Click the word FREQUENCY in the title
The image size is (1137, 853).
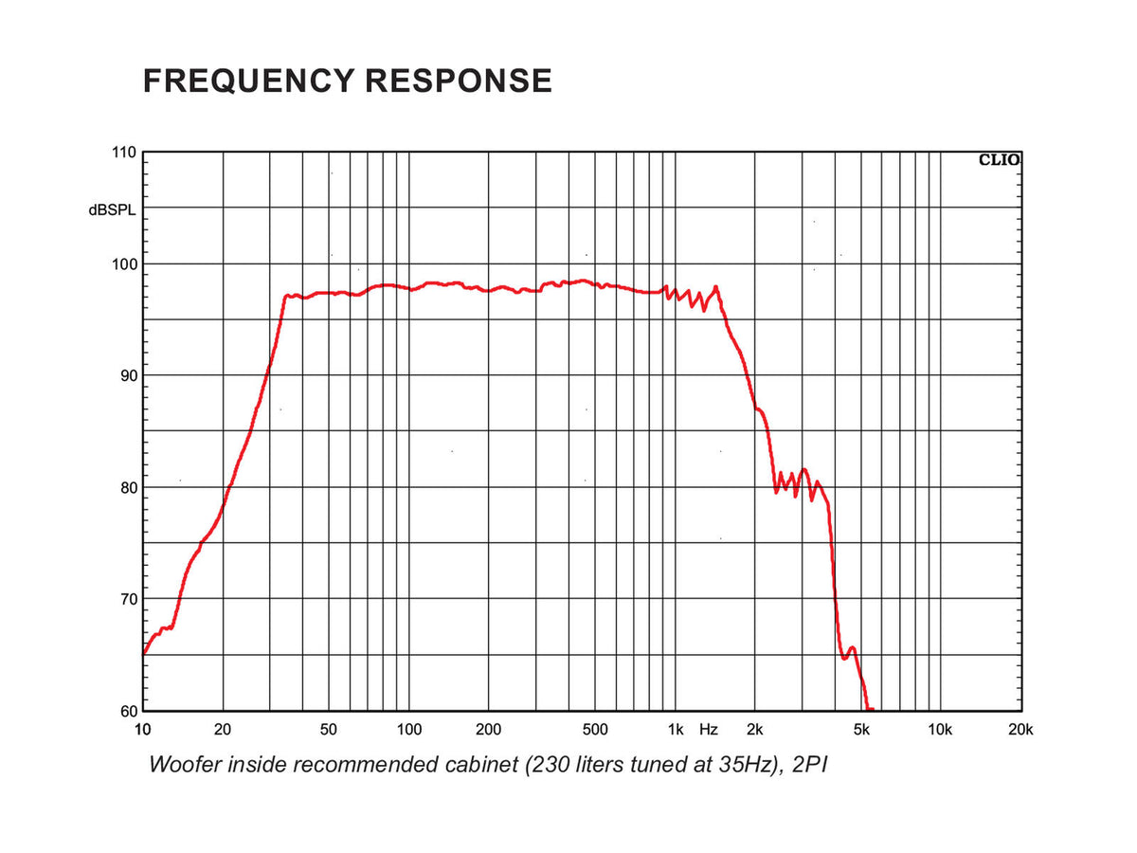coord(248,81)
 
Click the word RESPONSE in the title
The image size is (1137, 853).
coord(459,81)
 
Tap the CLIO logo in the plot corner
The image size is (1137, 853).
coord(999,160)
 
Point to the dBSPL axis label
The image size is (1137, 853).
coord(112,209)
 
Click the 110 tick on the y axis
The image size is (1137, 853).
coord(124,153)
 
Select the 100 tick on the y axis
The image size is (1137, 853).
coord(124,264)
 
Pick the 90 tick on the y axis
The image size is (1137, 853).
coord(129,375)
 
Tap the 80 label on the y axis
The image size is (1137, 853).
coord(129,487)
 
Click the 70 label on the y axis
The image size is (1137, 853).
coord(129,599)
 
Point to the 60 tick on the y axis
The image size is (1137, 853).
coord(129,711)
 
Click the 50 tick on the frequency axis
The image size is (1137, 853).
coord(329,730)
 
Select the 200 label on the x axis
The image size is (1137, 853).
coord(488,730)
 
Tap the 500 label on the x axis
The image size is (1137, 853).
coord(595,730)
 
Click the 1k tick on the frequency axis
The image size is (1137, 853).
coord(676,730)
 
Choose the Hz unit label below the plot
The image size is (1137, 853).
coord(709,730)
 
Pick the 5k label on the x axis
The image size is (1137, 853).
coord(861,730)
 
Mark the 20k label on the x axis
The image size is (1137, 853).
coord(1020,730)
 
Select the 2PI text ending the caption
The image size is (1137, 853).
coord(810,765)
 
